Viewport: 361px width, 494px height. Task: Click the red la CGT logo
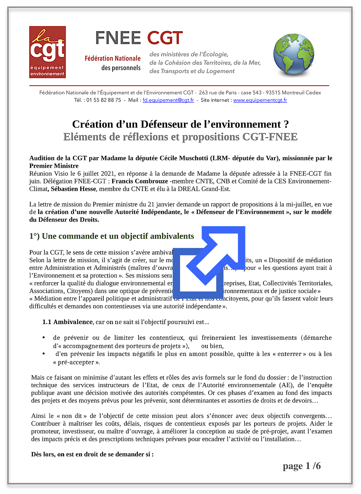[48, 52]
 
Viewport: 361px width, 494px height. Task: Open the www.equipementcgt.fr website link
[260, 100]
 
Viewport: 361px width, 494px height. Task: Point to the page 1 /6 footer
[301, 466]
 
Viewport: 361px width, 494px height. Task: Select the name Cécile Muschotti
[185, 158]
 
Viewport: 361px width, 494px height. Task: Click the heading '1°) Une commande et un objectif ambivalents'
[112, 236]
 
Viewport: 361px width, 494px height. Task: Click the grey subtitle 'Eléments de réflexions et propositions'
[180, 137]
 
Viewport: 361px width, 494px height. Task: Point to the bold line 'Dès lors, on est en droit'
[92, 454]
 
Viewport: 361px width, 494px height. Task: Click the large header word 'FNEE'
[118, 38]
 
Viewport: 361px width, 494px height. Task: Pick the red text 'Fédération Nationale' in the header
[113, 59]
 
